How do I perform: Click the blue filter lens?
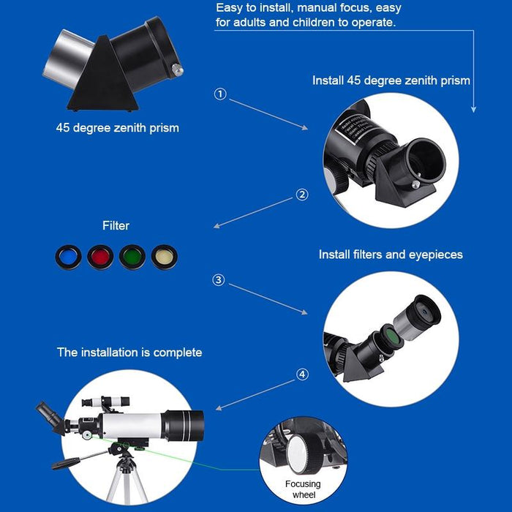pos(68,257)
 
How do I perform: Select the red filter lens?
pos(100,257)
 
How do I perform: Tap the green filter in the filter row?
pos(132,257)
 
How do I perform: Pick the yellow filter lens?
pos(164,257)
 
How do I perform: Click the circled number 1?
pos(220,94)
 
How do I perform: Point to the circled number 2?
pos(302,195)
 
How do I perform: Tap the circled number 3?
pos(219,280)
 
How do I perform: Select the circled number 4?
pos(302,374)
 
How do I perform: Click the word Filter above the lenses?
pos(116,226)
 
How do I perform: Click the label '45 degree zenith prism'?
pos(118,128)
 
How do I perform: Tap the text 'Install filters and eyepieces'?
pos(391,255)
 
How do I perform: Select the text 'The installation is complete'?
pos(129,353)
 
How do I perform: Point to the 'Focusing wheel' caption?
pos(302,489)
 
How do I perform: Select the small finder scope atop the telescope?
pos(105,402)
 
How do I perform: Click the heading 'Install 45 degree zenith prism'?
pos(391,80)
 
